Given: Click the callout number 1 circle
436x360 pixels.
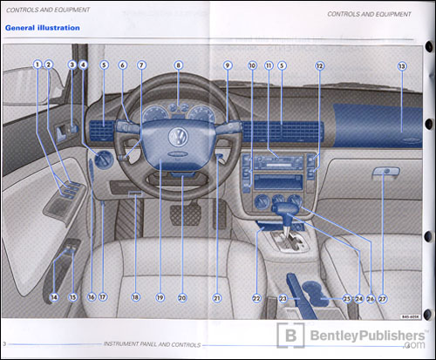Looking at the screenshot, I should [x=37, y=65].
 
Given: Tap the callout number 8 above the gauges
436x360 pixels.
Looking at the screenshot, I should [x=178, y=65].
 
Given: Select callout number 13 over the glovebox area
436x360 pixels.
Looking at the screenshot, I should [x=401, y=65].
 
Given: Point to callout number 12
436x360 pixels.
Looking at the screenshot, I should [x=319, y=65].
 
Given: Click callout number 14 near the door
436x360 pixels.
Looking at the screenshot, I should [x=54, y=297].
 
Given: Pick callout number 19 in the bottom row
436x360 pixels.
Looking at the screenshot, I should [x=160, y=297].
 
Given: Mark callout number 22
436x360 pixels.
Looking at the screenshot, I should [x=257, y=297].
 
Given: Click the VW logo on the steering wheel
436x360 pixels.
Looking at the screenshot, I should [x=177, y=139].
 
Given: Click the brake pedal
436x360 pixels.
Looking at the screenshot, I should [x=186, y=213].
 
